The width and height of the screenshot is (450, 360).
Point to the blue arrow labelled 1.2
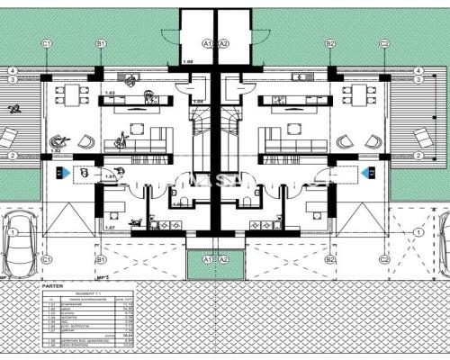[367, 171]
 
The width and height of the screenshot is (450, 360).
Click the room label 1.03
[110, 93]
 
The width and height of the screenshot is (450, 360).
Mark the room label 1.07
[109, 228]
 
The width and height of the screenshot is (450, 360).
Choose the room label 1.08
[188, 61]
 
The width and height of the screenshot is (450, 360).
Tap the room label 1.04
[197, 102]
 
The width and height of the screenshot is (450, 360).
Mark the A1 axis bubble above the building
[206, 43]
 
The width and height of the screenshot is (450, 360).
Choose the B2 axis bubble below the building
[330, 259]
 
